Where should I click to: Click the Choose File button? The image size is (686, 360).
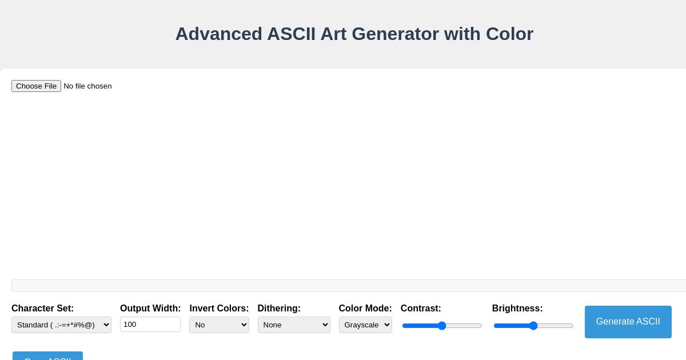(36, 86)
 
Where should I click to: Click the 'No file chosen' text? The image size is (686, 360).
(87, 86)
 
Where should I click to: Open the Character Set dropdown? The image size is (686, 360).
(61, 325)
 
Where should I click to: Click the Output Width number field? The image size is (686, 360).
(150, 324)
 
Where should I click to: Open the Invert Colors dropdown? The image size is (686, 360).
(219, 325)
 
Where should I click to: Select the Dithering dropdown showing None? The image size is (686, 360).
(294, 325)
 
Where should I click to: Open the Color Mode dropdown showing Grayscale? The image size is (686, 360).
(365, 325)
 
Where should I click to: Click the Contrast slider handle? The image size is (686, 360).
(442, 326)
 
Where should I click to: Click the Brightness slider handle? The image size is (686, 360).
(533, 326)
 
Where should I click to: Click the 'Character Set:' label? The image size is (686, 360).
(42, 309)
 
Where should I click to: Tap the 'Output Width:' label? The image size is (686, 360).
(150, 309)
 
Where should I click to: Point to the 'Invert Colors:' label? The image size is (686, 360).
(219, 309)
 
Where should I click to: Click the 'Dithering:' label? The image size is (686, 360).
(279, 309)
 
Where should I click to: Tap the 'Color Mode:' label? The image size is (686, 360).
(365, 309)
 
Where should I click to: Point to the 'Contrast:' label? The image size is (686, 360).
(421, 309)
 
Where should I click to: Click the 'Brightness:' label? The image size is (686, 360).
(517, 309)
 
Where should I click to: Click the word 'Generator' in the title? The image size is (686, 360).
(395, 34)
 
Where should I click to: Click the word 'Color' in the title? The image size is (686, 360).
(509, 34)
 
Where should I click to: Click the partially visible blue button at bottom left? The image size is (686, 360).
(47, 356)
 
